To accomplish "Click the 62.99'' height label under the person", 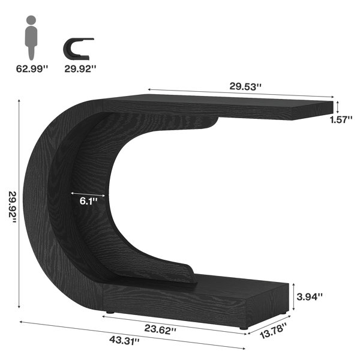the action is pos(32,68).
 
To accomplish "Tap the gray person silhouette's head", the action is pos(31,20).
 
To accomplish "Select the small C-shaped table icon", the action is pos(78,49).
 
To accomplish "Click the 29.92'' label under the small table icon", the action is pos(80,68).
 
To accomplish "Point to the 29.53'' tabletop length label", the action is pos(245,87).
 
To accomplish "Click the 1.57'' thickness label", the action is pos(341,119).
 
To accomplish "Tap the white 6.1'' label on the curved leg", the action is pos(88,201).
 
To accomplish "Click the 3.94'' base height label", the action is pos(310,296).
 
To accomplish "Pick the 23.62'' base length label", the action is pos(160,329).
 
